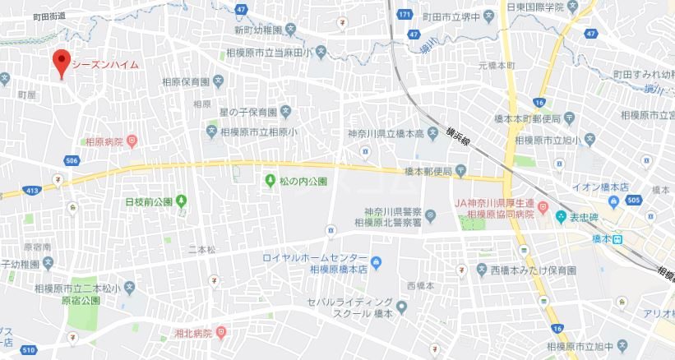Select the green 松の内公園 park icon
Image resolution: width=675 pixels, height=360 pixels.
(x=270, y=180)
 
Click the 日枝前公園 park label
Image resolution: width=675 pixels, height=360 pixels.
(x=148, y=201)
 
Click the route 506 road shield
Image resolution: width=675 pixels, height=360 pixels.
(x=73, y=160)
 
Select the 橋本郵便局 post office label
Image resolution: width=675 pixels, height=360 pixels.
(x=428, y=172)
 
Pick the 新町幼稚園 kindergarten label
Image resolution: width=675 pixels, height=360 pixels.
(x=257, y=30)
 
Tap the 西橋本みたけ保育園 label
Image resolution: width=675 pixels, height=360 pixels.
(x=534, y=270)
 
